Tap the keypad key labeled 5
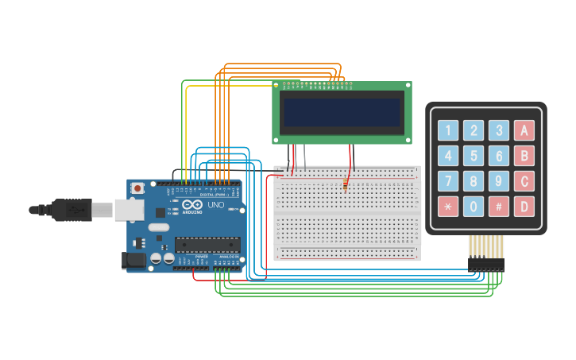474,156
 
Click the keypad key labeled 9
499,181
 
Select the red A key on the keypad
524,130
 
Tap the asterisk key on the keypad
448,207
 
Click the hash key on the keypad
499,207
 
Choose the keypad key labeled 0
474,207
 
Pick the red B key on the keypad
524,156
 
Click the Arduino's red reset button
137,188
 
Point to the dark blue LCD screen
342,112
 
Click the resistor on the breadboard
346,184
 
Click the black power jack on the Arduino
132,260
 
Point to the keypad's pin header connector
485,264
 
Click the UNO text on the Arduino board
216,205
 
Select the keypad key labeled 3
499,130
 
